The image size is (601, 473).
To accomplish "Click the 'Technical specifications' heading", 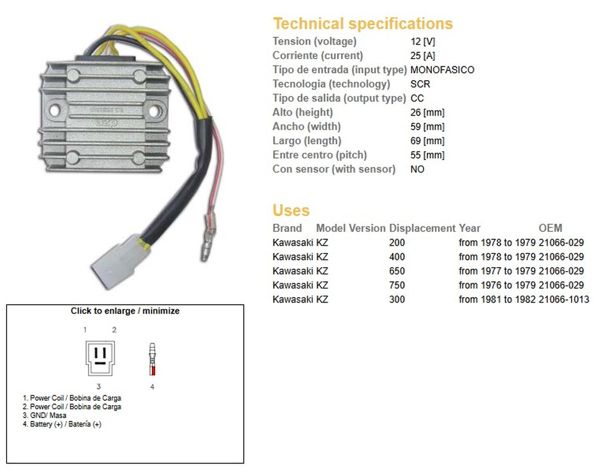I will point(362,24).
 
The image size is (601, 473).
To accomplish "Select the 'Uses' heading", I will point(291,210).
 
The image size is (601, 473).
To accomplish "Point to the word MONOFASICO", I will point(442,70).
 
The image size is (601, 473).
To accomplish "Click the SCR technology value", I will point(420,84).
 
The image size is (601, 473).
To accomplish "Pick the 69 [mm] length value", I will point(427,141).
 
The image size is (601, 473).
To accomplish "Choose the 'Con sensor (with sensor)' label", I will point(334,169).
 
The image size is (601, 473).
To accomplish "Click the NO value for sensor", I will point(417,169).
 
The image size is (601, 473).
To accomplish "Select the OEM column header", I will point(550,228).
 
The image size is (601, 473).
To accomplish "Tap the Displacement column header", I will point(422,228).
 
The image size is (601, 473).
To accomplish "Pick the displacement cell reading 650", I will point(397,271).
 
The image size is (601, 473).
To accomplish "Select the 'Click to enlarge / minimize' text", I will point(125,311).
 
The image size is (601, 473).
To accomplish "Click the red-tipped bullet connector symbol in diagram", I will point(152,360).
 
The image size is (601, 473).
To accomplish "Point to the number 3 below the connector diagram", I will point(99,386).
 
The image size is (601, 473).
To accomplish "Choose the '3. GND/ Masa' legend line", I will point(48,415).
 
